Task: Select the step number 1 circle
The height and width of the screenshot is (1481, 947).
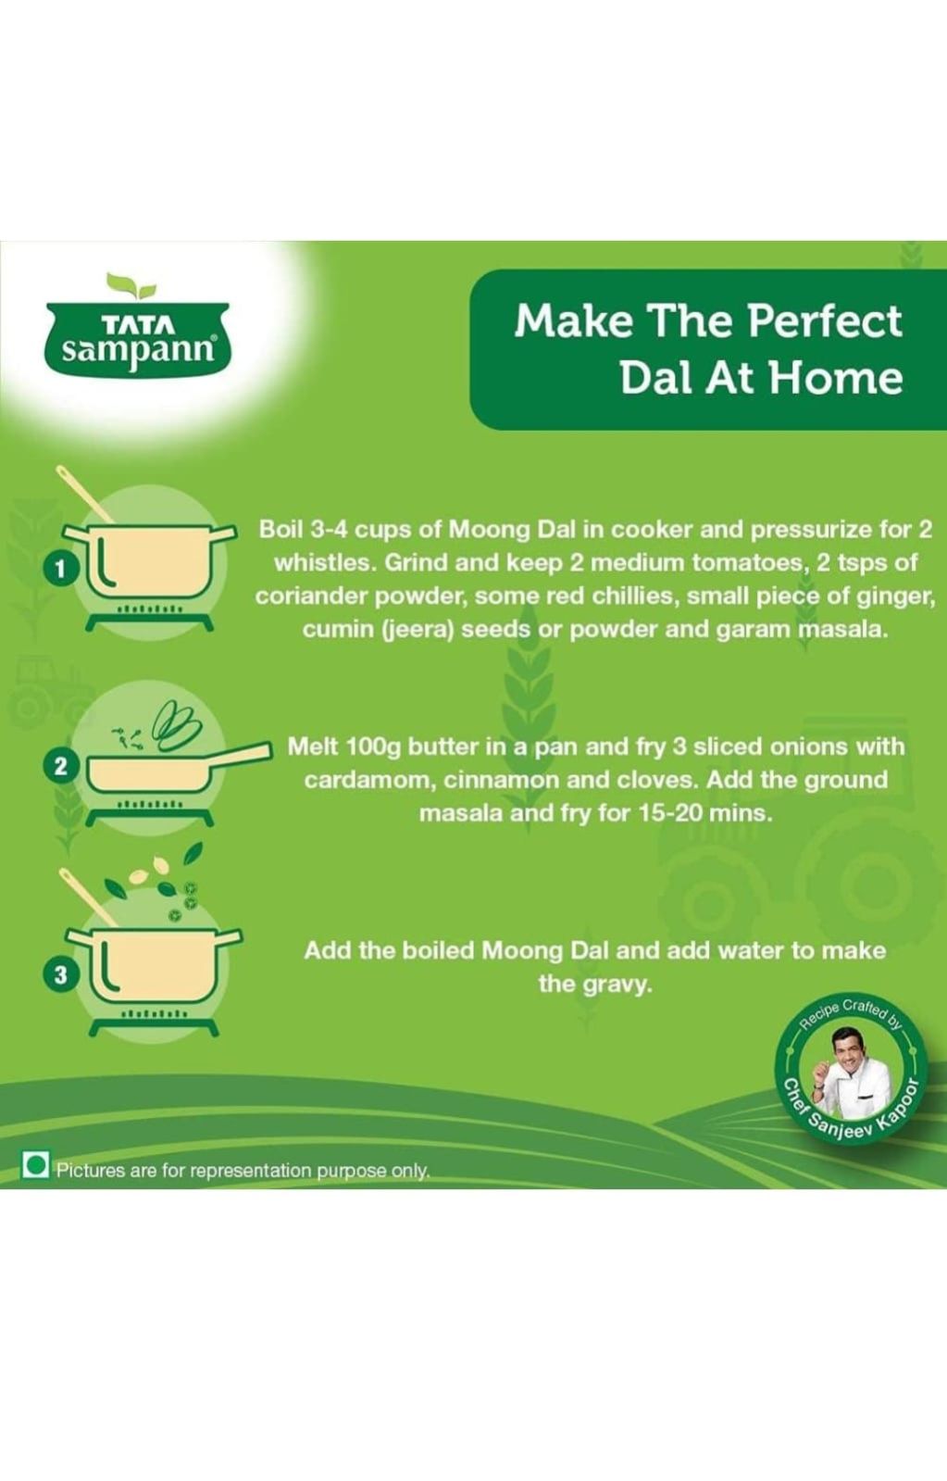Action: click(x=60, y=570)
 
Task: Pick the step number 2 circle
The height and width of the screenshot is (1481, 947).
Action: click(x=60, y=767)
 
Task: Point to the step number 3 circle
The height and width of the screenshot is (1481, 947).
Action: click(x=60, y=974)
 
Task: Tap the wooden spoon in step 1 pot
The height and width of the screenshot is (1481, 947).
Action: click(x=84, y=494)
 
